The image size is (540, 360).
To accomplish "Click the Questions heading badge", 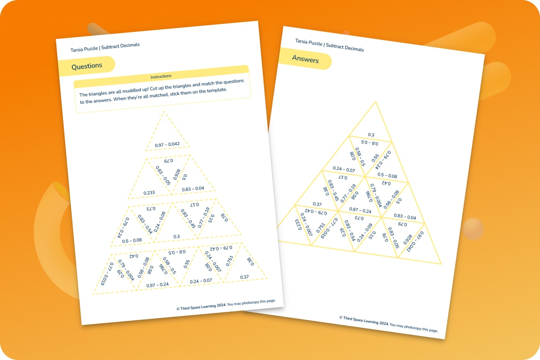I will [x=87, y=66].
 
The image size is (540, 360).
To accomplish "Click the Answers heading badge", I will [x=305, y=59].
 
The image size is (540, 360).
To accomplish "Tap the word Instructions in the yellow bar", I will [x=161, y=76].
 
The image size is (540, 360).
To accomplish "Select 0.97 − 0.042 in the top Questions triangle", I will [x=167, y=144].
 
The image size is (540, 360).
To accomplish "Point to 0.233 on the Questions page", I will [x=149, y=193].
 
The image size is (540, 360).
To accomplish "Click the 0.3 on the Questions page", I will [x=176, y=236].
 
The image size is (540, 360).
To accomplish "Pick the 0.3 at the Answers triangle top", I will [x=371, y=135].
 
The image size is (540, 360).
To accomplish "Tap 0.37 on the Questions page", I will [x=244, y=277].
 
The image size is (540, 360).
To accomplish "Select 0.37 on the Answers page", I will [x=316, y=204].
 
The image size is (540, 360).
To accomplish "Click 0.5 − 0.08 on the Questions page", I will [x=132, y=240].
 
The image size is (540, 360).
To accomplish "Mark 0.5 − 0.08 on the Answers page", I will [x=387, y=175].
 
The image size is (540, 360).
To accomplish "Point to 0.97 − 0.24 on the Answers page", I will [x=360, y=210].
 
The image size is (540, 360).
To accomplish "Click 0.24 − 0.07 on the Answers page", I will [x=344, y=169].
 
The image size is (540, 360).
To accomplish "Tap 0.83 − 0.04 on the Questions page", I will [x=193, y=189].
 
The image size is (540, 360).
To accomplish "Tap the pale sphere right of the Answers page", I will [x=473, y=229].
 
